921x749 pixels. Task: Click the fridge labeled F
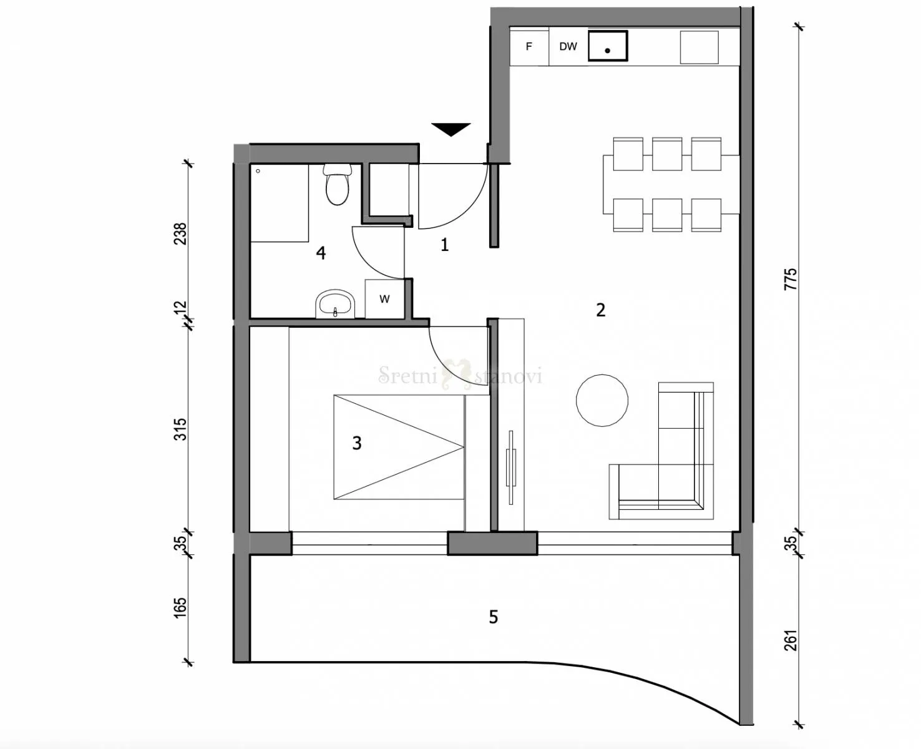point(529,46)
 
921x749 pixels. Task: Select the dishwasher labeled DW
point(568,46)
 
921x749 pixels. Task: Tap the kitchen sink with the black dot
point(607,46)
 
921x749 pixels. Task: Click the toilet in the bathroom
point(337,185)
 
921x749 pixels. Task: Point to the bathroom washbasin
point(336,305)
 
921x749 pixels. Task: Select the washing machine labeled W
point(384,299)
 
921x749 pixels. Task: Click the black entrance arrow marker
point(451,129)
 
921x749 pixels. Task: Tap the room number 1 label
point(444,245)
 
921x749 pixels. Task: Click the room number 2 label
point(600,310)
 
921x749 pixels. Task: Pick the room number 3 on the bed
point(356,443)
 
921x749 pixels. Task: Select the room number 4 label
point(321,253)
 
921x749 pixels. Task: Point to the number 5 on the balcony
point(493,617)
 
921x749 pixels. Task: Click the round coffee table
point(602,401)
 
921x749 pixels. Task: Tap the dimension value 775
point(791,278)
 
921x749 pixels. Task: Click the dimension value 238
point(180,233)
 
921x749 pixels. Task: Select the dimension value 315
point(180,429)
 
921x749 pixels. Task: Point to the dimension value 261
point(791,640)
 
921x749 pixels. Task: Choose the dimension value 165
point(180,609)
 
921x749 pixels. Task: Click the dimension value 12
point(180,308)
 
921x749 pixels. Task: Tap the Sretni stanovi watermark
point(460,376)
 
